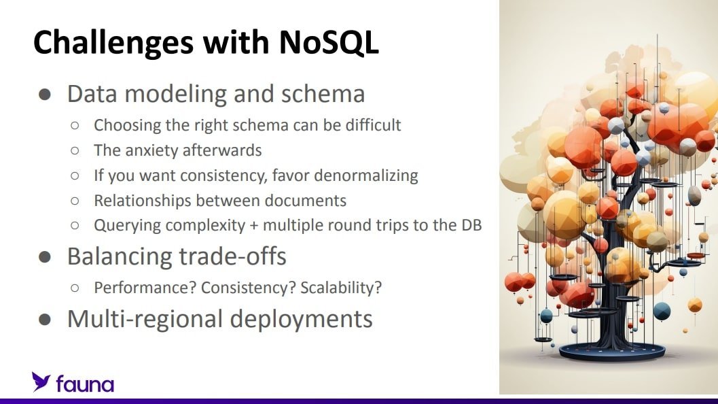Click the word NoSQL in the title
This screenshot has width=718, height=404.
point(328,42)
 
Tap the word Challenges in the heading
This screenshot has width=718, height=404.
point(113,44)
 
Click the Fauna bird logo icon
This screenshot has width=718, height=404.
point(41,382)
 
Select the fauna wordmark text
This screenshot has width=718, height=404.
point(85,384)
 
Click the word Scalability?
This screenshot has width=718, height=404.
point(341,288)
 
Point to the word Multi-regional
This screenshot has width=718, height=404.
point(145,319)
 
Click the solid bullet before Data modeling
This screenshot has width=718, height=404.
point(45,95)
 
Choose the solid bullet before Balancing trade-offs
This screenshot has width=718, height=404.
point(45,257)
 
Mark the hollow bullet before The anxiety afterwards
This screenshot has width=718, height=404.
point(75,150)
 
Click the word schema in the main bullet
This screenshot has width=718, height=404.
point(323,94)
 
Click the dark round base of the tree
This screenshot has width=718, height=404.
point(612,352)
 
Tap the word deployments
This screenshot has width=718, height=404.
point(302,320)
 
